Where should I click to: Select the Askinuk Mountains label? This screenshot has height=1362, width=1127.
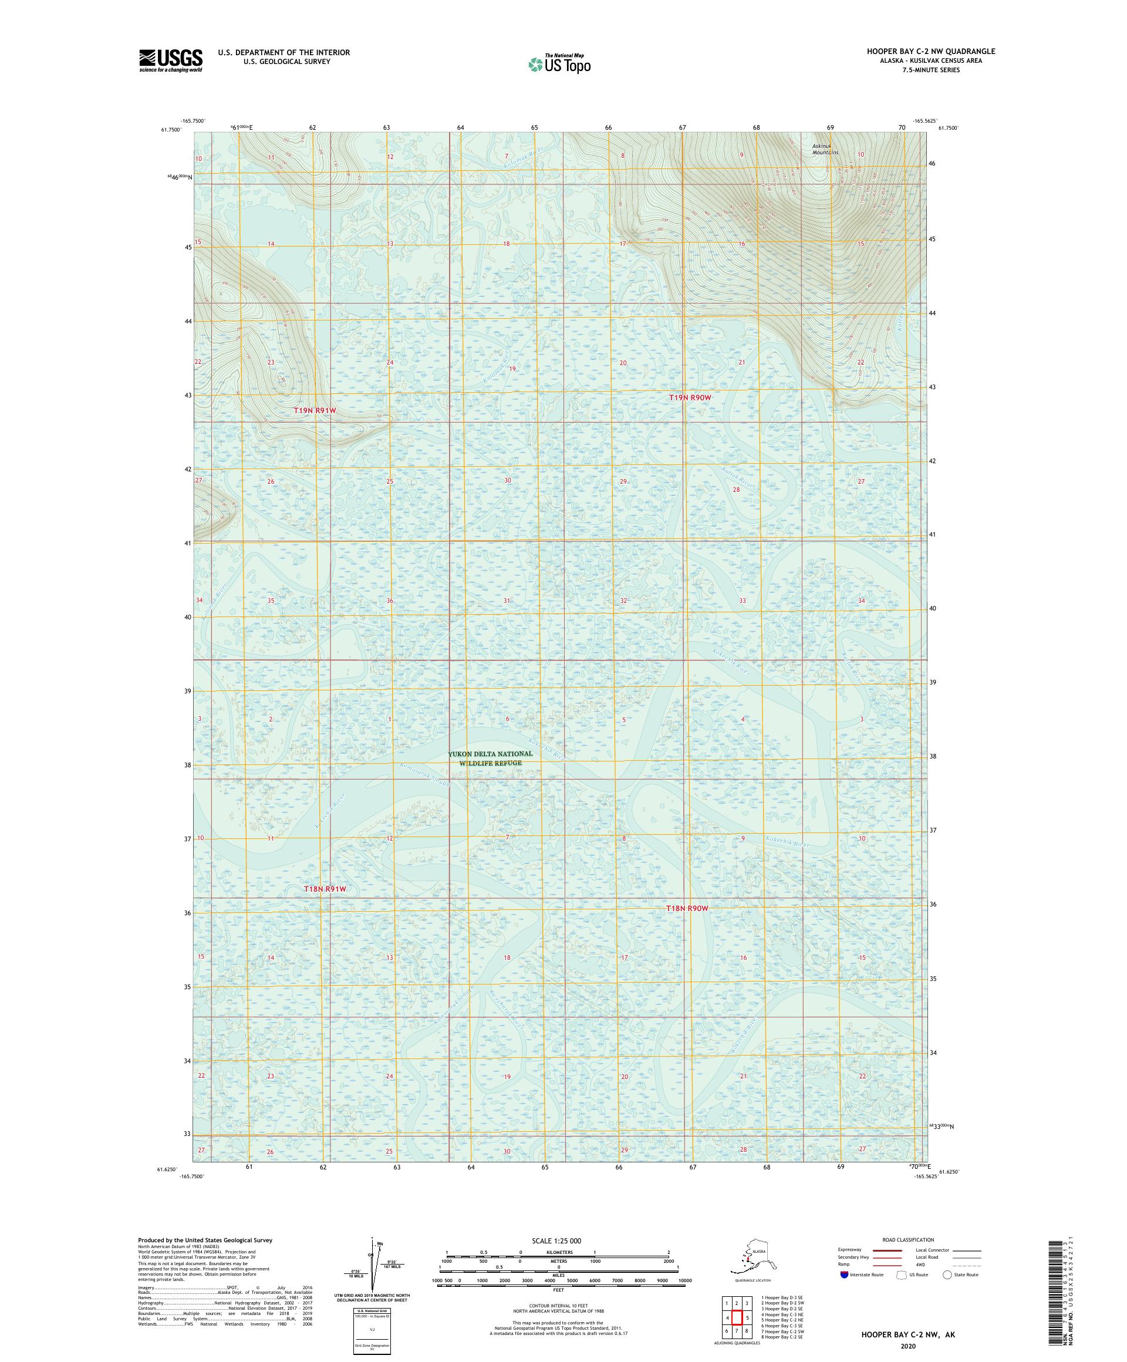click(824, 149)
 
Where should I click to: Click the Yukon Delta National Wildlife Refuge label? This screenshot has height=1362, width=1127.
click(490, 758)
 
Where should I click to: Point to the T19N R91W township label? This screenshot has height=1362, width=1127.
click(315, 410)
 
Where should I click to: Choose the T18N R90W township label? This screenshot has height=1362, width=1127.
click(687, 909)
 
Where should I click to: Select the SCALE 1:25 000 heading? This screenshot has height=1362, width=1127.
click(558, 1240)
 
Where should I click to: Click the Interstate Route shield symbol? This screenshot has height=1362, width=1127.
click(843, 1275)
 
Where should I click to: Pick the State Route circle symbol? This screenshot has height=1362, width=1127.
click(947, 1275)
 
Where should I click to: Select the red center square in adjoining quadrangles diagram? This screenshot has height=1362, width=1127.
click(737, 1313)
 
